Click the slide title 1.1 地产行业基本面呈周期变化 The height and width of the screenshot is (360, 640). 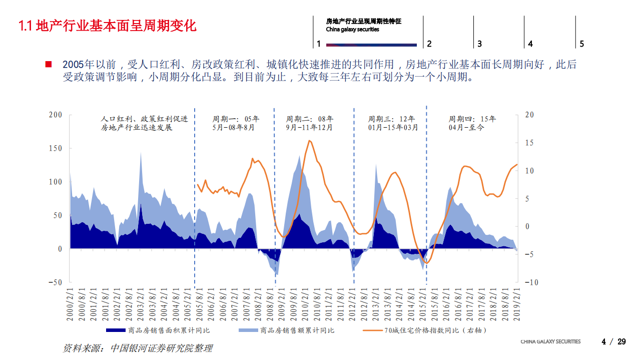[107, 26]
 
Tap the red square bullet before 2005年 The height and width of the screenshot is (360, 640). [49, 65]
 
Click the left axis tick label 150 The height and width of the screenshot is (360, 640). [56, 149]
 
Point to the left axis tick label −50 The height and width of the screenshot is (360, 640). [55, 282]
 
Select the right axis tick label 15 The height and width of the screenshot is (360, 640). [529, 143]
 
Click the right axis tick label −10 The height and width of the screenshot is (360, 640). [531, 282]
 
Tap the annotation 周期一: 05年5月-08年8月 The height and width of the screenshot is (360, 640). [236, 123]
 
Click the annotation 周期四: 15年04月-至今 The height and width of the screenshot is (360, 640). [472, 123]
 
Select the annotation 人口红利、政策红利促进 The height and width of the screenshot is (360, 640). [144, 119]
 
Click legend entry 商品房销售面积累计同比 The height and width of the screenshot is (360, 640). [158, 330]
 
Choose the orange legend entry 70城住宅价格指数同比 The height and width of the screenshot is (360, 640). [425, 330]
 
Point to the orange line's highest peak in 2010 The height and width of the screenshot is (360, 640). [309, 141]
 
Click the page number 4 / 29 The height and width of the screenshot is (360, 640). [613, 342]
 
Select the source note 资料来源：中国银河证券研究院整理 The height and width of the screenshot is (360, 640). [138, 348]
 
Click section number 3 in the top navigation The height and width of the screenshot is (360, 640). [479, 44]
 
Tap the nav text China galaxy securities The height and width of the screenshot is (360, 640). [352, 30]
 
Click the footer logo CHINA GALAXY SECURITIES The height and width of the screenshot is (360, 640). [550, 341]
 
